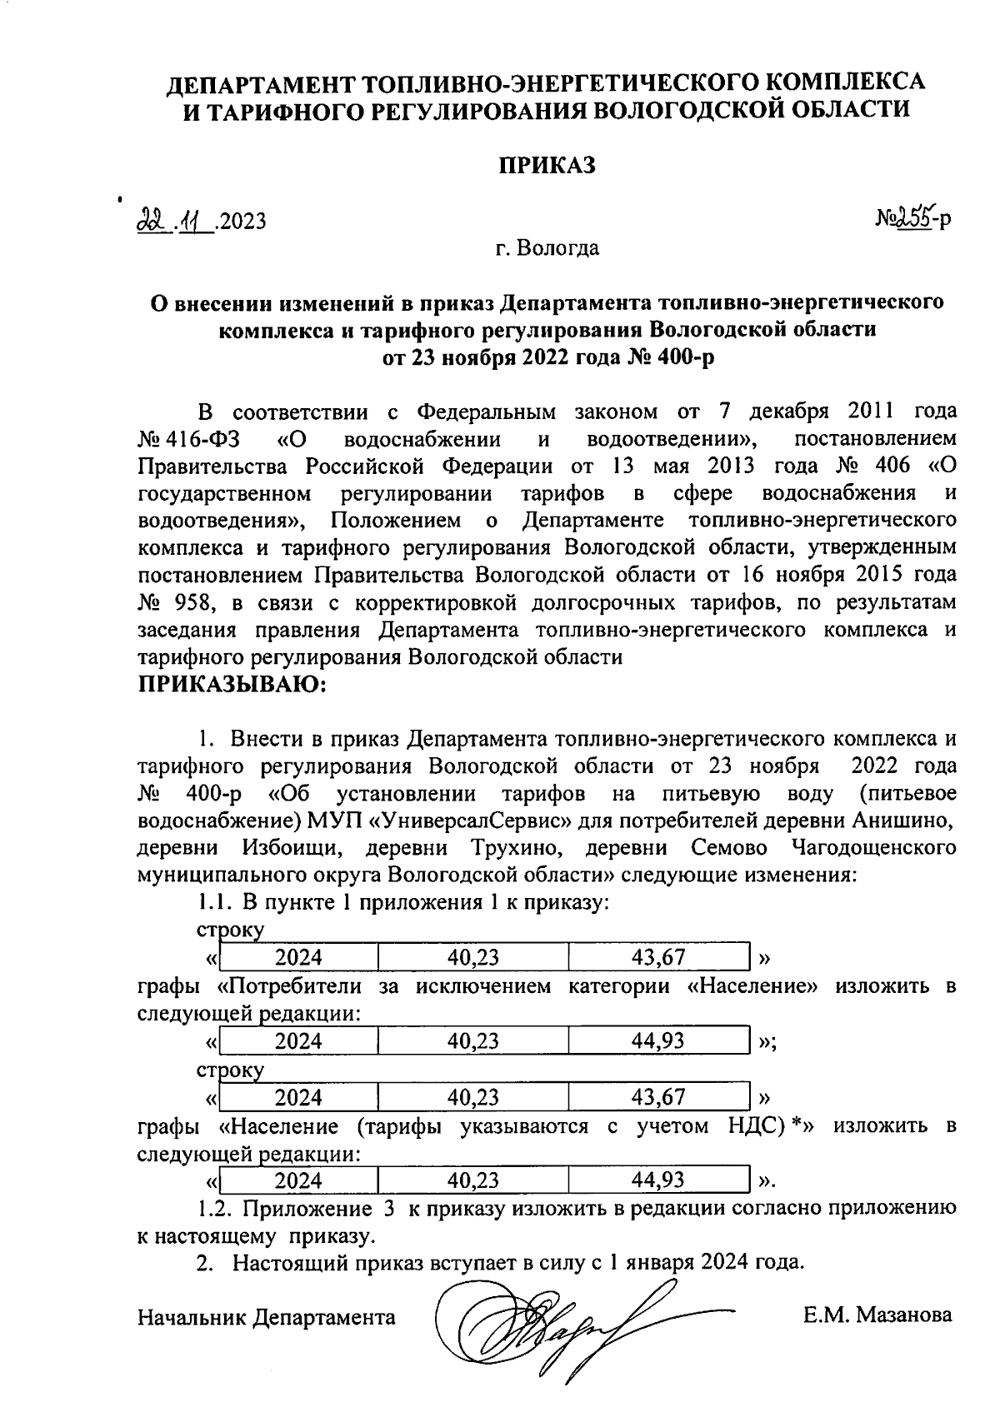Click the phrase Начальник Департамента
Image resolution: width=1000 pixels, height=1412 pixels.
[267, 1317]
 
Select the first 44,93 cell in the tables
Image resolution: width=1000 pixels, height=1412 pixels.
[658, 1040]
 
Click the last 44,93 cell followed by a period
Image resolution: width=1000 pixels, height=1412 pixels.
[658, 1180]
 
